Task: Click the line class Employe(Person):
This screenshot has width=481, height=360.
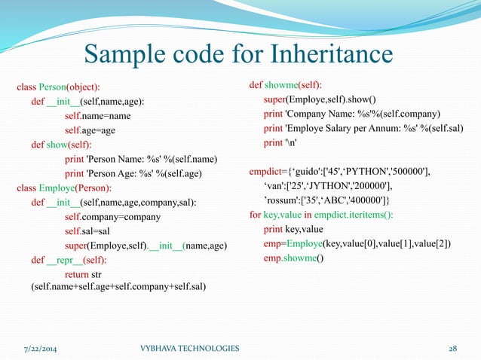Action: coord(64,188)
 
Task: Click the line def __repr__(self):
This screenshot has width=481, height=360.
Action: coord(69,259)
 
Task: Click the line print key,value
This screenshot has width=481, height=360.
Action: coord(293,230)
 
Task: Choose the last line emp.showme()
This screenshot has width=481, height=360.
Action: coord(293,259)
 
